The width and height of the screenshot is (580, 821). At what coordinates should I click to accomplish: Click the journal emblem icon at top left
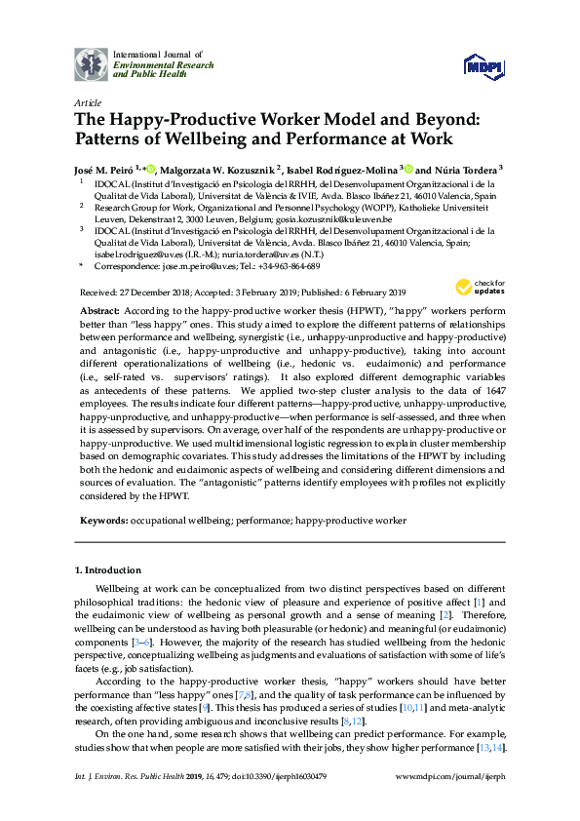coord(92,63)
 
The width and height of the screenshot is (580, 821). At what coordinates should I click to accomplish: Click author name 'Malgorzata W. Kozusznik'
coord(220,168)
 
